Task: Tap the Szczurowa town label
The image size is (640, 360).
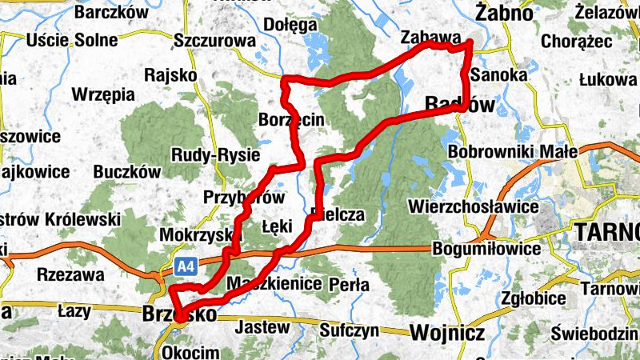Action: tap(214, 40)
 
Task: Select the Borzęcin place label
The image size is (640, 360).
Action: tap(291, 120)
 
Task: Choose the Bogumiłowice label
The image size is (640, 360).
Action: tap(486, 249)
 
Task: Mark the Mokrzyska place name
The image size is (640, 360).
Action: tap(196, 235)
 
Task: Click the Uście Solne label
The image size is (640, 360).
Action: tap(61, 40)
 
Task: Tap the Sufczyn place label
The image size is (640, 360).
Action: tap(348, 329)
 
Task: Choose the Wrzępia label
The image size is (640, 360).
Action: tap(103, 94)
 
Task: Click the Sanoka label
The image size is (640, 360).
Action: tap(500, 74)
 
